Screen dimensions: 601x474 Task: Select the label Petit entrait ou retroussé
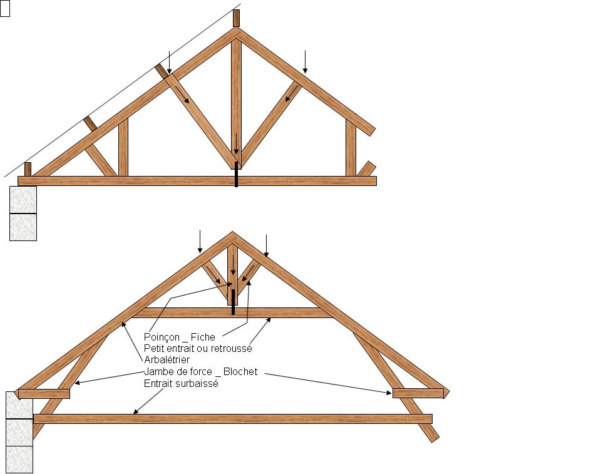click(x=198, y=348)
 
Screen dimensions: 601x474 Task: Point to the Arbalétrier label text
click(x=167, y=360)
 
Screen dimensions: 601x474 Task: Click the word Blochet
click(x=240, y=372)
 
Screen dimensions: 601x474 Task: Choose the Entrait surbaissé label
click(x=181, y=383)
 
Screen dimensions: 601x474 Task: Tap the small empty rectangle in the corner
click(x=5, y=9)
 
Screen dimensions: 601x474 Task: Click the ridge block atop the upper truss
click(x=236, y=18)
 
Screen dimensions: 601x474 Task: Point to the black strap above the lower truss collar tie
click(x=233, y=301)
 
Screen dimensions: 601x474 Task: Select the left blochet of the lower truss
click(x=44, y=393)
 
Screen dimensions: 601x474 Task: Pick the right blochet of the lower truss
click(x=418, y=393)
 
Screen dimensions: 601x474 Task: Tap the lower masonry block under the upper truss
click(x=23, y=227)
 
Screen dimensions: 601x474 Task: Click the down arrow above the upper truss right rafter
click(x=305, y=61)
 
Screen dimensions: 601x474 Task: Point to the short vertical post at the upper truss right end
click(x=351, y=149)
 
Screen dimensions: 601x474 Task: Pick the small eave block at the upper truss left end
click(x=28, y=169)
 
